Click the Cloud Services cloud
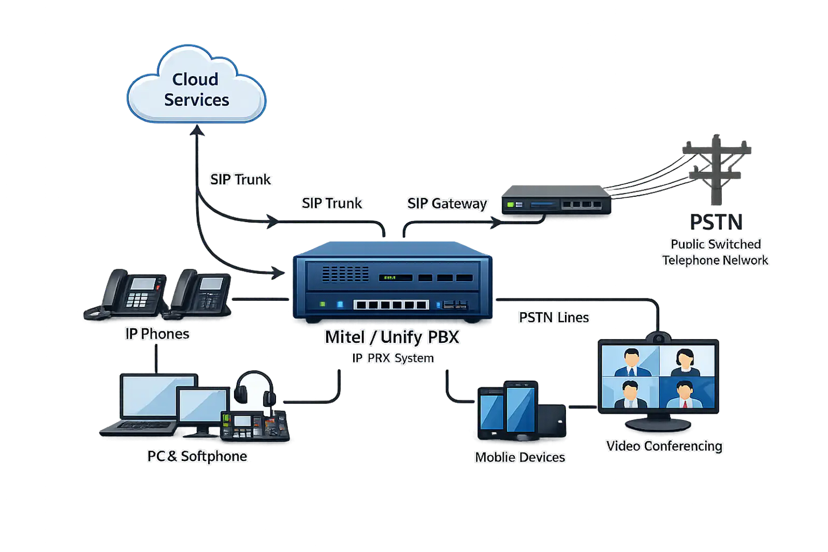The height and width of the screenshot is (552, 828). pyautogui.click(x=196, y=85)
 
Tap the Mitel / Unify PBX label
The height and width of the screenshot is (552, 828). pyautogui.click(x=392, y=337)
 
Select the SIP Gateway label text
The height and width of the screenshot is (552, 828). pyautogui.click(x=447, y=204)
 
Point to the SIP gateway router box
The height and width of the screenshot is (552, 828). pyautogui.click(x=557, y=200)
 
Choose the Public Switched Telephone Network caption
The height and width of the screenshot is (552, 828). pyautogui.click(x=716, y=252)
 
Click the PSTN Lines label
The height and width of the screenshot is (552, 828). pyautogui.click(x=554, y=317)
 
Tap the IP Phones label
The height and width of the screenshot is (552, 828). pyautogui.click(x=157, y=334)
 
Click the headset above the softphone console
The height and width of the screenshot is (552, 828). pyautogui.click(x=254, y=389)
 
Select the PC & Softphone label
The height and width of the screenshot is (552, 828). pyautogui.click(x=197, y=456)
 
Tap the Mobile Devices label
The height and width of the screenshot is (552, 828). pyautogui.click(x=520, y=457)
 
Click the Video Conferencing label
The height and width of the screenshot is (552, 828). pyautogui.click(x=664, y=446)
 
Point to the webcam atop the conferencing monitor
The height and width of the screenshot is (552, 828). pyautogui.click(x=659, y=338)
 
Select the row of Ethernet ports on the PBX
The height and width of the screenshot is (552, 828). pyautogui.click(x=391, y=304)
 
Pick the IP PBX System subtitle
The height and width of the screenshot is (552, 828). pyautogui.click(x=393, y=358)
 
